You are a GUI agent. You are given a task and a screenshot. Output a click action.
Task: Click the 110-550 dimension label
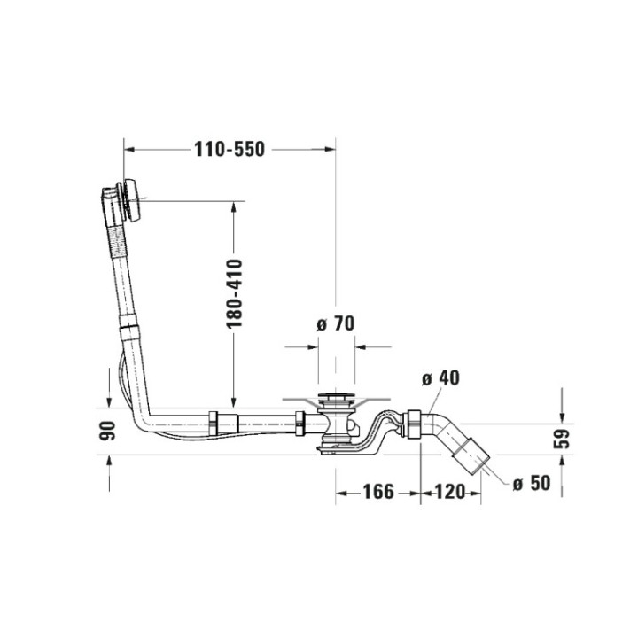pos(230,150)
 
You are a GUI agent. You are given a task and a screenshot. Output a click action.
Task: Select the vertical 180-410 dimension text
pos(233,295)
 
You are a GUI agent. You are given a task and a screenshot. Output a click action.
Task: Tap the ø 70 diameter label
pos(335,323)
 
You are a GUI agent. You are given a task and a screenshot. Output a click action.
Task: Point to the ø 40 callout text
pos(440,378)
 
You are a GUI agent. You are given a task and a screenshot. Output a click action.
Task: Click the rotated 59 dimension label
pos(561,437)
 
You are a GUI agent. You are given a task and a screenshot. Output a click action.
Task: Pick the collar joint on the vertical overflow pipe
pos(129,334)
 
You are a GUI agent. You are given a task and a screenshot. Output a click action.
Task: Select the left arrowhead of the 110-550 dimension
pos(128,150)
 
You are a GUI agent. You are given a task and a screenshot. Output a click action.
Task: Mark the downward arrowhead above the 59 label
pos(561,416)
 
